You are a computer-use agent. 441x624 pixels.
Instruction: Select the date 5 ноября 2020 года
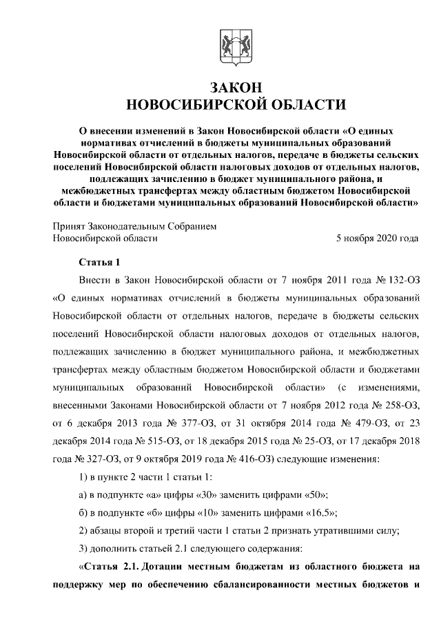[x=376, y=239]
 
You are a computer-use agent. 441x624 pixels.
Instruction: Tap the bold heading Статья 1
[x=101, y=263]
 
